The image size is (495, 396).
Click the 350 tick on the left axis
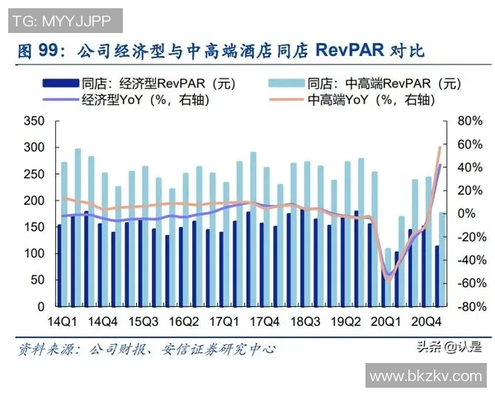pyautogui.click(x=34, y=121)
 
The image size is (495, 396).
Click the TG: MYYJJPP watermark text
pyautogui.click(x=61, y=18)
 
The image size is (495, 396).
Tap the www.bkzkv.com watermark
pyautogui.click(x=425, y=376)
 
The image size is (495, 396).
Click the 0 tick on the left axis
pyautogui.click(x=40, y=306)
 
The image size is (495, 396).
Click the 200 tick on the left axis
pyautogui.click(x=34, y=200)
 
